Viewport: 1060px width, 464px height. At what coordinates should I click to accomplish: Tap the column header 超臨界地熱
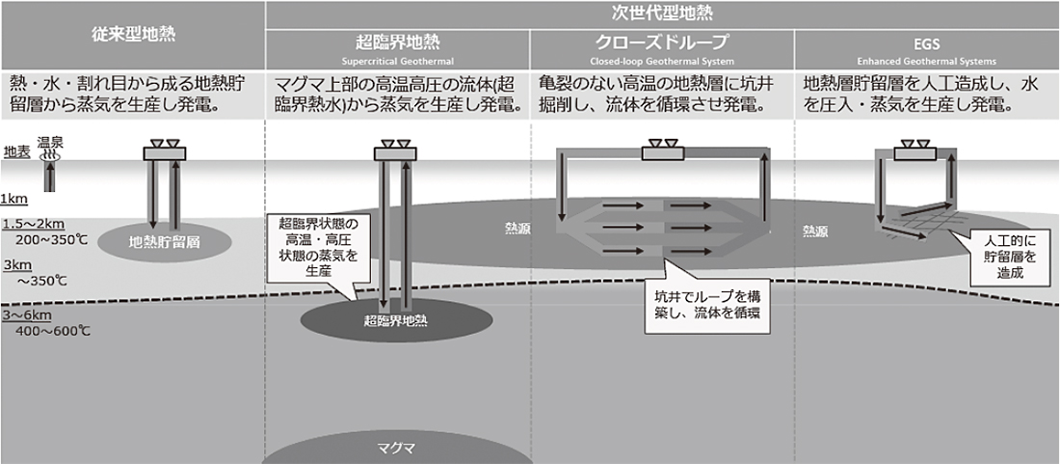[396, 43]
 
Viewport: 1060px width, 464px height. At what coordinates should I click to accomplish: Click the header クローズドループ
[661, 43]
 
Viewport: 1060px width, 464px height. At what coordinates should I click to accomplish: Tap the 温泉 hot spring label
[49, 142]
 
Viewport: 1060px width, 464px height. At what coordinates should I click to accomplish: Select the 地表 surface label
[15, 151]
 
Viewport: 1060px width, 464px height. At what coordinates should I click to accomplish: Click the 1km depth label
[13, 199]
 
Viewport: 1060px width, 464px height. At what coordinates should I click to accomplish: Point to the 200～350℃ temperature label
[44, 236]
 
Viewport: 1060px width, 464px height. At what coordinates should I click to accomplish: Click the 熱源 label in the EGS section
[815, 232]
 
